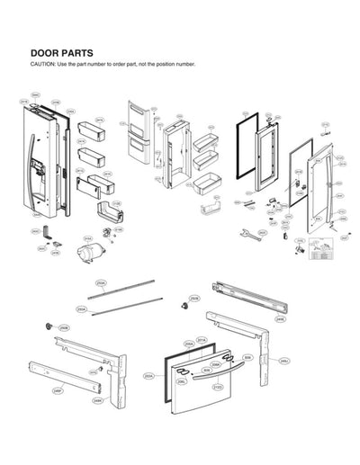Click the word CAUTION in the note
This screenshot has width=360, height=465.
(x=43, y=65)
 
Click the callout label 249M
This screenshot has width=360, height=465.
(x=97, y=401)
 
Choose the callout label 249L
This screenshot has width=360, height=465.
(x=283, y=360)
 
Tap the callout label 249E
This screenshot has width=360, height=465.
(x=280, y=318)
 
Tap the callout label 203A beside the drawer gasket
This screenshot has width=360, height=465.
(x=148, y=377)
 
